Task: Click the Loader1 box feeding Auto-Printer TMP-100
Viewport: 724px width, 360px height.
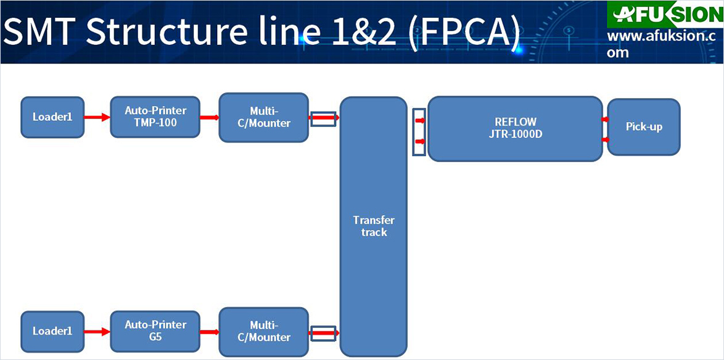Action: coord(52,117)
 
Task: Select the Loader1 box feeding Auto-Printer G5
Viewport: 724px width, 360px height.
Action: coord(52,332)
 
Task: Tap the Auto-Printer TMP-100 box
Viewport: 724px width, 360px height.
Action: coord(155,117)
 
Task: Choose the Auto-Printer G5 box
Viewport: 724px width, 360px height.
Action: coord(155,331)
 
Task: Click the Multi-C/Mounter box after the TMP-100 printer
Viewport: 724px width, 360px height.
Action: coord(264,117)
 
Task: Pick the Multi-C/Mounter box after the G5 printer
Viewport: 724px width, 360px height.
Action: coord(264,332)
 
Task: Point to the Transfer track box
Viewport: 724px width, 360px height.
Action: coord(374,226)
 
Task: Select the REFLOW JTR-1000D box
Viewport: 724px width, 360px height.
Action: coord(516,128)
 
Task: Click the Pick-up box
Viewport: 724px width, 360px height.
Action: coord(644,126)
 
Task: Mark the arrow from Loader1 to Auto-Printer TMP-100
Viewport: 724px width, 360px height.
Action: coord(97,117)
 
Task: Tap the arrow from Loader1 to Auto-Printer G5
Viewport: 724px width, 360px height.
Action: coord(97,332)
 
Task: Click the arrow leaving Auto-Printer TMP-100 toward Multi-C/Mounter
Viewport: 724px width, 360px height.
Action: coord(210,117)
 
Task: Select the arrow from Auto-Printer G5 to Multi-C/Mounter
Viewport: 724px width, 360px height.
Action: coord(210,332)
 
